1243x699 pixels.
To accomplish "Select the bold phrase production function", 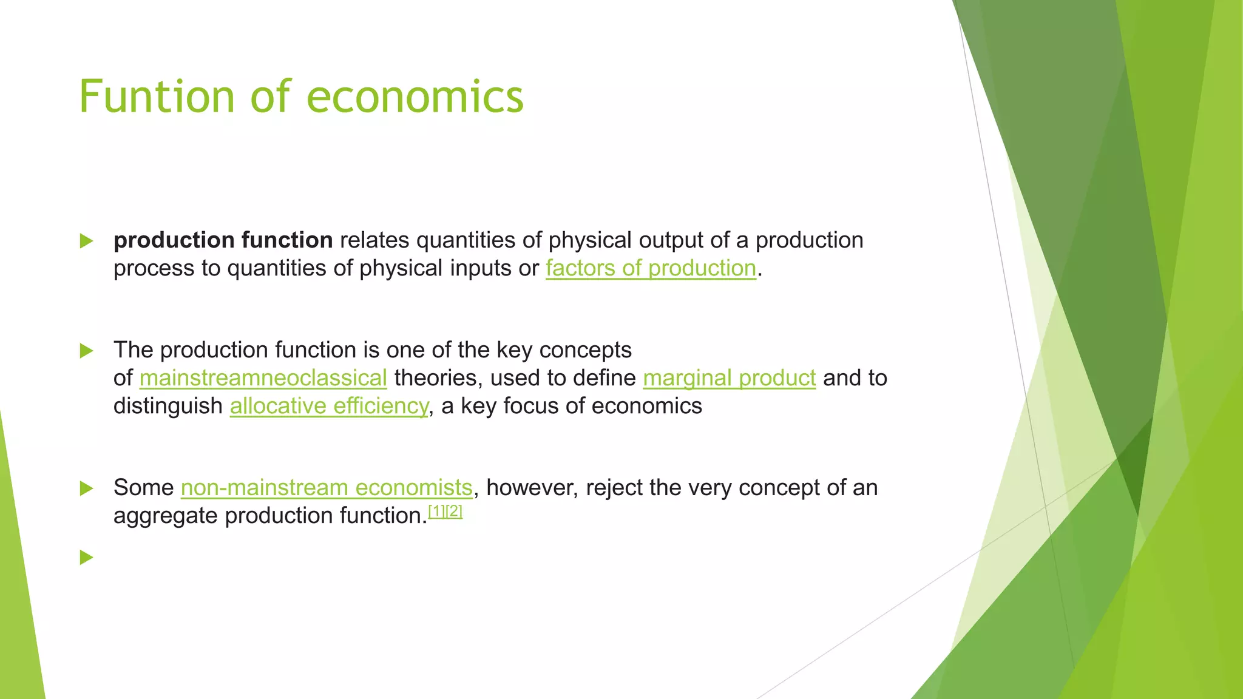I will click(223, 240).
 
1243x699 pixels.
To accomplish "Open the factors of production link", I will click(651, 268).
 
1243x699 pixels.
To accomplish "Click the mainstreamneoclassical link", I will click(263, 378).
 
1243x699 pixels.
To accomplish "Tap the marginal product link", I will click(729, 378).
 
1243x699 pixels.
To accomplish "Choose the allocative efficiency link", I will click(329, 406).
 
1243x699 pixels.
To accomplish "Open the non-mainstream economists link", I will click(327, 488).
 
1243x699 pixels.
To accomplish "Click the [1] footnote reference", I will click(436, 512).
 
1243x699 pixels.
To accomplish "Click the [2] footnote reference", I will click(454, 512).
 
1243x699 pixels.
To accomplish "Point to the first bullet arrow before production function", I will click(86, 241).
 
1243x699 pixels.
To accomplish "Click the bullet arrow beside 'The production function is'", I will click(86, 351).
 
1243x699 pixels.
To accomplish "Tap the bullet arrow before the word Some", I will click(86, 488).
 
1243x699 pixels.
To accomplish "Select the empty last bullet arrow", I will click(86, 557).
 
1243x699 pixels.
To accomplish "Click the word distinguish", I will click(168, 406).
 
